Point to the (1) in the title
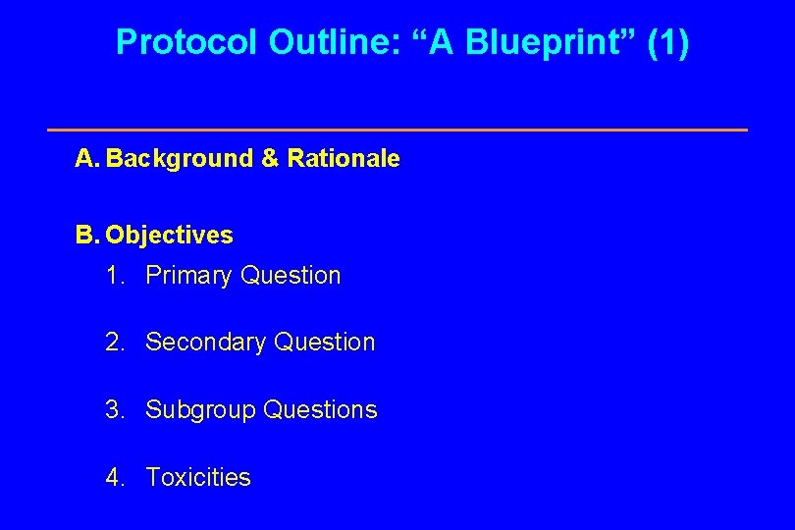(668, 42)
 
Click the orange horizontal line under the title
(397, 130)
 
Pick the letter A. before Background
(87, 159)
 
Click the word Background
(180, 159)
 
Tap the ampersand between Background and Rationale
(270, 159)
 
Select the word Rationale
(344, 159)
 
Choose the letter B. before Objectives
(87, 236)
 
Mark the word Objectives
(170, 236)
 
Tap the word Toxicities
(198, 478)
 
